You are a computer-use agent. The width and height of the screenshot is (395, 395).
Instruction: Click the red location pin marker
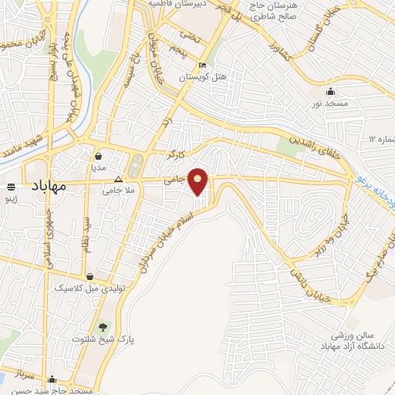point(198,181)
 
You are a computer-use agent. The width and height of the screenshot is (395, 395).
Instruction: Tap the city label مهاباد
point(48,186)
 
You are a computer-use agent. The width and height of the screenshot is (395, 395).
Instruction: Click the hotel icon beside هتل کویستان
point(202,65)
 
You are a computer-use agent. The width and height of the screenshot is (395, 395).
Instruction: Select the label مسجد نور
point(331,102)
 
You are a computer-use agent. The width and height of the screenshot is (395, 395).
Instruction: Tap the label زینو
point(12,198)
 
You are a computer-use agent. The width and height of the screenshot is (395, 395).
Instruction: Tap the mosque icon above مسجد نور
point(331,90)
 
